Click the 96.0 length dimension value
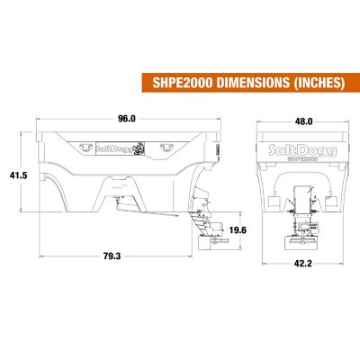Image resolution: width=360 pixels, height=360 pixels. (x=126, y=119)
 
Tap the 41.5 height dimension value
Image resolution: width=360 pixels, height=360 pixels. (x=19, y=175)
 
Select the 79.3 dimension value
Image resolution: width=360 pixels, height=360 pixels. (x=112, y=256)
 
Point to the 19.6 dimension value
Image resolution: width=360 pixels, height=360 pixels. (x=238, y=230)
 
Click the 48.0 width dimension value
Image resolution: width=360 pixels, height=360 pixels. (x=303, y=121)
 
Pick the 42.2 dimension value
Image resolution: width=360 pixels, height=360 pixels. (x=303, y=264)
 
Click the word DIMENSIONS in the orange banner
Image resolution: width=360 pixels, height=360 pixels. (x=253, y=83)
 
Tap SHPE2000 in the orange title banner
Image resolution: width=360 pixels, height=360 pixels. (x=183, y=83)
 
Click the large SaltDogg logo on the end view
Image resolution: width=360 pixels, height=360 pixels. (x=302, y=150)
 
